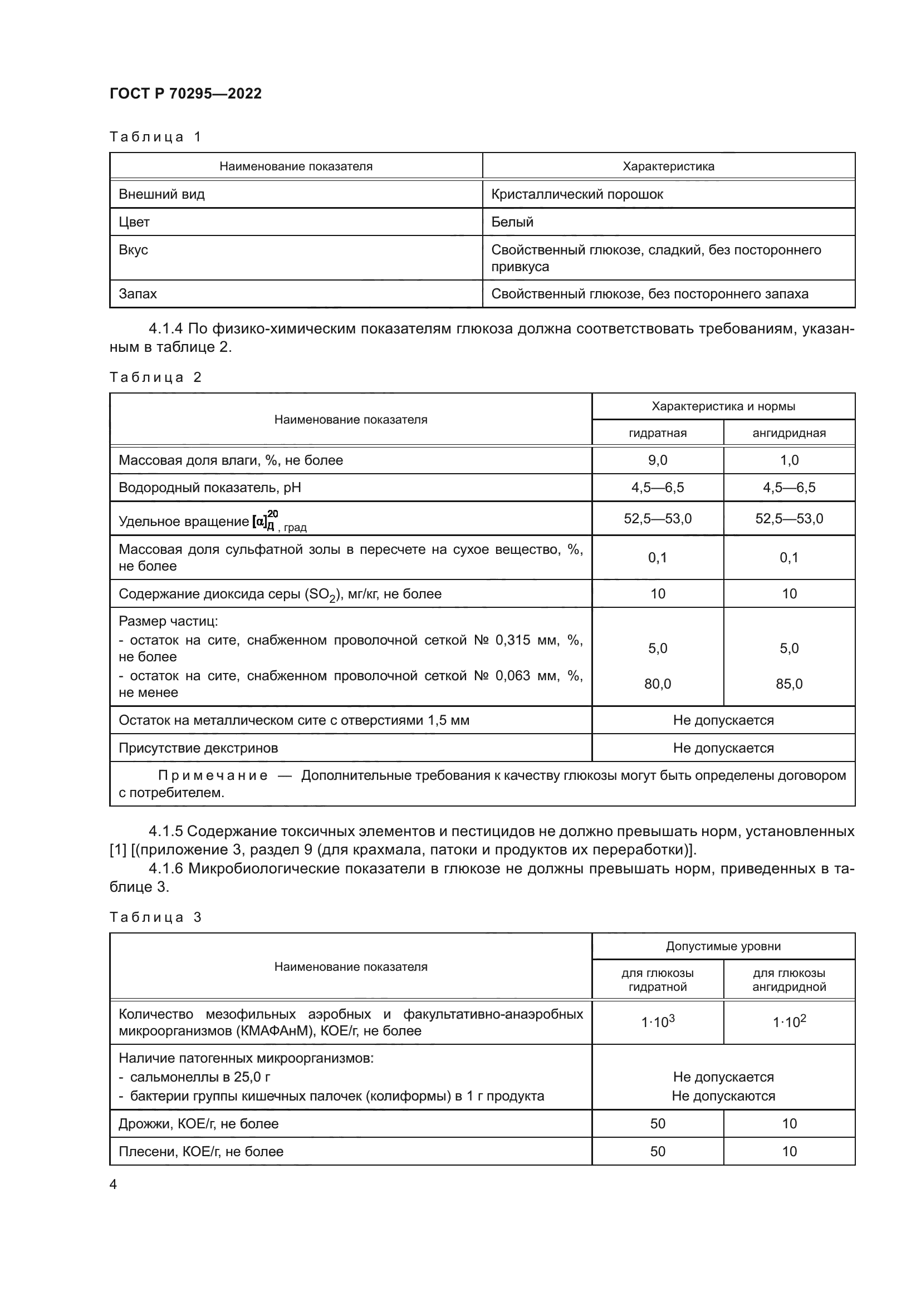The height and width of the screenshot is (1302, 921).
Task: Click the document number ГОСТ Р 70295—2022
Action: click(x=185, y=94)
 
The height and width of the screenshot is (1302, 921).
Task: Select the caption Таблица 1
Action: click(x=155, y=137)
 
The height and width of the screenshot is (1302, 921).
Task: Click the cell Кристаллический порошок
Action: click(x=577, y=194)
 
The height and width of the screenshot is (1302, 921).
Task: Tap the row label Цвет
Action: click(x=134, y=222)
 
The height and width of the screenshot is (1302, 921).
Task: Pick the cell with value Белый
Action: click(x=512, y=222)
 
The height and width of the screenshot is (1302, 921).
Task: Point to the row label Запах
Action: click(x=138, y=294)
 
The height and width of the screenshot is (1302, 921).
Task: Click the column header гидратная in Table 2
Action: click(x=657, y=433)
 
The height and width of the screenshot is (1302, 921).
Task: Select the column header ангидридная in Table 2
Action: click(x=789, y=433)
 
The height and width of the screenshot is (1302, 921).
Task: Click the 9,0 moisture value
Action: click(x=657, y=460)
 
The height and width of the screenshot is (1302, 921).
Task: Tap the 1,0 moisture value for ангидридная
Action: click(x=789, y=460)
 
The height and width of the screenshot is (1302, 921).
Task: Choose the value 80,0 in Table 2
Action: click(x=657, y=684)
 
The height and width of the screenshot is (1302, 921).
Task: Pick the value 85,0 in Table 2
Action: click(x=789, y=684)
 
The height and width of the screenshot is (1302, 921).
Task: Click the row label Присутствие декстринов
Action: click(x=198, y=748)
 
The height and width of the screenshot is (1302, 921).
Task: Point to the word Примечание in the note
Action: click(x=213, y=776)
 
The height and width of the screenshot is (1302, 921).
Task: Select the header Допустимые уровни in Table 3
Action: click(x=723, y=946)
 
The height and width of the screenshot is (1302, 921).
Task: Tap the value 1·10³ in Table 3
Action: click(x=657, y=1022)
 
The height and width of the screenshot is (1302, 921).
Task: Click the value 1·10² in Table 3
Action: click(x=789, y=1022)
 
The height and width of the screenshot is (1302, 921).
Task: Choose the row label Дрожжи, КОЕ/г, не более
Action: click(x=198, y=1123)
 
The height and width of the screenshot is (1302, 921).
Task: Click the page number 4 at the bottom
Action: click(x=113, y=1184)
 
